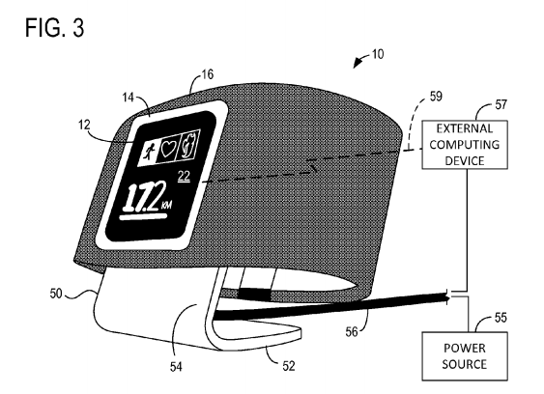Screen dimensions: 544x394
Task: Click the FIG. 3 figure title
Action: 55,28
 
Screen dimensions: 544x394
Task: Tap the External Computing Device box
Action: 465,145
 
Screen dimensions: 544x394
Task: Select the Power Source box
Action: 465,356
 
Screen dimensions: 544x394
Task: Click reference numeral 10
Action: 378,54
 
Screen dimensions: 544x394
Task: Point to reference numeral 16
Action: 208,74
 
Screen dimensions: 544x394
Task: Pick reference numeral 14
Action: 128,98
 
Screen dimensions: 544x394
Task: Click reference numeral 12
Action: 84,125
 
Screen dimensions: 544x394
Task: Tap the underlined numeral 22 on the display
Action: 184,177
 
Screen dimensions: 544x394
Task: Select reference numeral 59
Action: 436,96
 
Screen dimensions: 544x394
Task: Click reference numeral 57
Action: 501,104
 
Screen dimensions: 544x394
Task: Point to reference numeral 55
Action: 501,318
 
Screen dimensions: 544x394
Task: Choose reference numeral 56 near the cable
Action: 352,332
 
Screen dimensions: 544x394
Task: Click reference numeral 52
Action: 289,366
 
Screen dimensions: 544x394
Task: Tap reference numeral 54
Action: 176,367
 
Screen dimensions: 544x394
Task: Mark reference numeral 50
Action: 56,294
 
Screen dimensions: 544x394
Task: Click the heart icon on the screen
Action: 168,149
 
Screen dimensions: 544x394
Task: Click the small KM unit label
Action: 166,206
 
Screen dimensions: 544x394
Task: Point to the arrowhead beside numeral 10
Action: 357,64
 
